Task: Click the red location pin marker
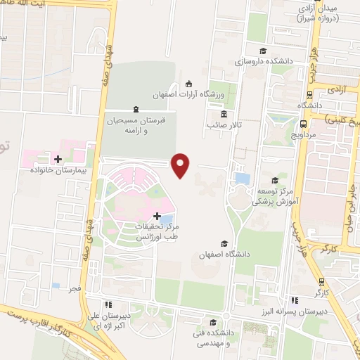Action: (181, 165)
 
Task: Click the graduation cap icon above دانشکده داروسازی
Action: (263, 51)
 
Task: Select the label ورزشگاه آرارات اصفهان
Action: (184, 94)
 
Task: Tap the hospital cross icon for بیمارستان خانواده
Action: (58, 160)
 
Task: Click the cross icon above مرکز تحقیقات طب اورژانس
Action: (157, 215)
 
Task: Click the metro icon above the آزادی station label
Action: (311, 94)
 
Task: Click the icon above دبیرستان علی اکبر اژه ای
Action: (108, 305)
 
